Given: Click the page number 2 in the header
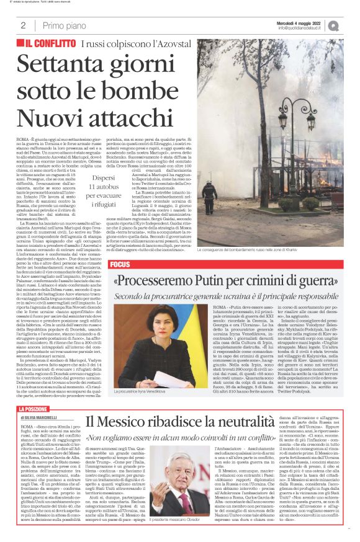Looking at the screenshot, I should click(x=23, y=25).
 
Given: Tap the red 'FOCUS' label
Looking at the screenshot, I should click(x=119, y=265).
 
